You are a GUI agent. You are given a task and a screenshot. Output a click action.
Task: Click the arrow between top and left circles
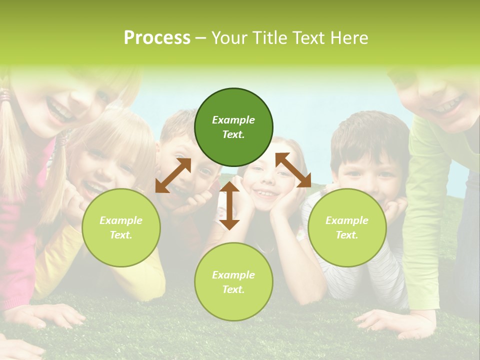173,175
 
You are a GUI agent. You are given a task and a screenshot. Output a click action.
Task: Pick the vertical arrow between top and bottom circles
229,205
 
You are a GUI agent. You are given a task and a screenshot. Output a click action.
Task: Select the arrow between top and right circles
293,170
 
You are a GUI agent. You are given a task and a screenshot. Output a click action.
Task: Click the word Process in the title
157,37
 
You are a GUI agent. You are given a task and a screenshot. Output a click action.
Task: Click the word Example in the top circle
233,120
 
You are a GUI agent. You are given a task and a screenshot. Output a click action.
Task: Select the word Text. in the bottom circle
233,289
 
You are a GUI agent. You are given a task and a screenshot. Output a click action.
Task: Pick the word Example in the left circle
121,220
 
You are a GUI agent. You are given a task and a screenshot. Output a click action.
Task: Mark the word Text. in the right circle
347,235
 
